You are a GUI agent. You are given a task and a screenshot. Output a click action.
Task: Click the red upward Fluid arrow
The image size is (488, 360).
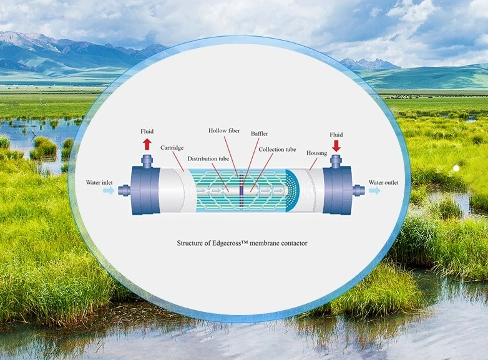(x=147, y=144)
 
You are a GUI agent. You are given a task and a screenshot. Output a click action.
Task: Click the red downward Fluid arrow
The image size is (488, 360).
(x=336, y=146)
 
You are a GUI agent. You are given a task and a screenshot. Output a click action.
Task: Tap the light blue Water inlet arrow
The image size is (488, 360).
(x=109, y=190)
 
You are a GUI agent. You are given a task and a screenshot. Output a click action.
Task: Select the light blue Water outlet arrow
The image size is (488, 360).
(x=374, y=190)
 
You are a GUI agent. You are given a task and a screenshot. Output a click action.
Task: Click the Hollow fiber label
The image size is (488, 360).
(x=224, y=130)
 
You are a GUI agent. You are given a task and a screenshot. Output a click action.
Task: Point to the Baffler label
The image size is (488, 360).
(x=259, y=134)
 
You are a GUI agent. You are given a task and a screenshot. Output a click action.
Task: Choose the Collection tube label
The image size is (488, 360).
(x=277, y=149)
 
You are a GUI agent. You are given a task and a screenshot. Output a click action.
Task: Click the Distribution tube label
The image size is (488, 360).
(x=208, y=158)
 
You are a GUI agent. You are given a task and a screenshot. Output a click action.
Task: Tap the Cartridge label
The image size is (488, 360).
(x=172, y=148)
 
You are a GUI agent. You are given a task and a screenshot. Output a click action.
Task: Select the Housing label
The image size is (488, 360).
(x=316, y=153)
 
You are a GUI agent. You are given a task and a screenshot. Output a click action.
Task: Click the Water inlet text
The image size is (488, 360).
(x=99, y=183)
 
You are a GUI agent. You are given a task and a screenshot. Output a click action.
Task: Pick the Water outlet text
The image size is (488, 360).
(x=383, y=183)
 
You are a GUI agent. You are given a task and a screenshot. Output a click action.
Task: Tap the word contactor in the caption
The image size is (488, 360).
(x=294, y=243)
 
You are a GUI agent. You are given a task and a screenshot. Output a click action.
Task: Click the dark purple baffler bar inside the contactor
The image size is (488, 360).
(x=242, y=190)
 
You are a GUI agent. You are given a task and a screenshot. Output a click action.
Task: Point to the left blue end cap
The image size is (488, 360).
(x=145, y=190)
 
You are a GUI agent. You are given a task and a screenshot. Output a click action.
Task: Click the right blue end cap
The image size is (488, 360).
(x=337, y=190)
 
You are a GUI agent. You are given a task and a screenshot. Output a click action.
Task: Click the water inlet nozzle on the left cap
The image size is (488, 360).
(x=125, y=190)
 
